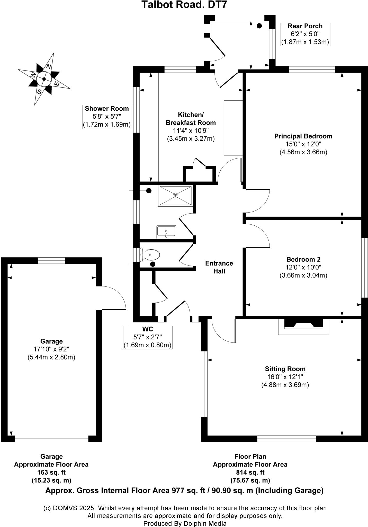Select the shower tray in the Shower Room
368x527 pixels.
(175, 196)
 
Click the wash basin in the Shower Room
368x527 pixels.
(166, 232)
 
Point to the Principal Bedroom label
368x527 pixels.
(303, 136)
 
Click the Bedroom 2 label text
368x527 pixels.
(303, 259)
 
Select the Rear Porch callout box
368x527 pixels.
(305, 34)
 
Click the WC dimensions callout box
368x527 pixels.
(148, 337)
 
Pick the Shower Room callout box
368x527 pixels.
(107, 117)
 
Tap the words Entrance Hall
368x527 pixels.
(219, 267)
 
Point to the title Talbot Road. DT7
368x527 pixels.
(184, 5)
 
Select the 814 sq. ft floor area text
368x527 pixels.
(250, 472)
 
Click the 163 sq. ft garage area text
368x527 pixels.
(51, 472)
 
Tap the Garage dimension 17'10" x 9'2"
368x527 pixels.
(51, 349)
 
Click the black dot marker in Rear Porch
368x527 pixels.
(259, 26)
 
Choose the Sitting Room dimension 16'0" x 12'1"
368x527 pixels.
(285, 377)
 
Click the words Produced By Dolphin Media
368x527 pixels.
(185, 523)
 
